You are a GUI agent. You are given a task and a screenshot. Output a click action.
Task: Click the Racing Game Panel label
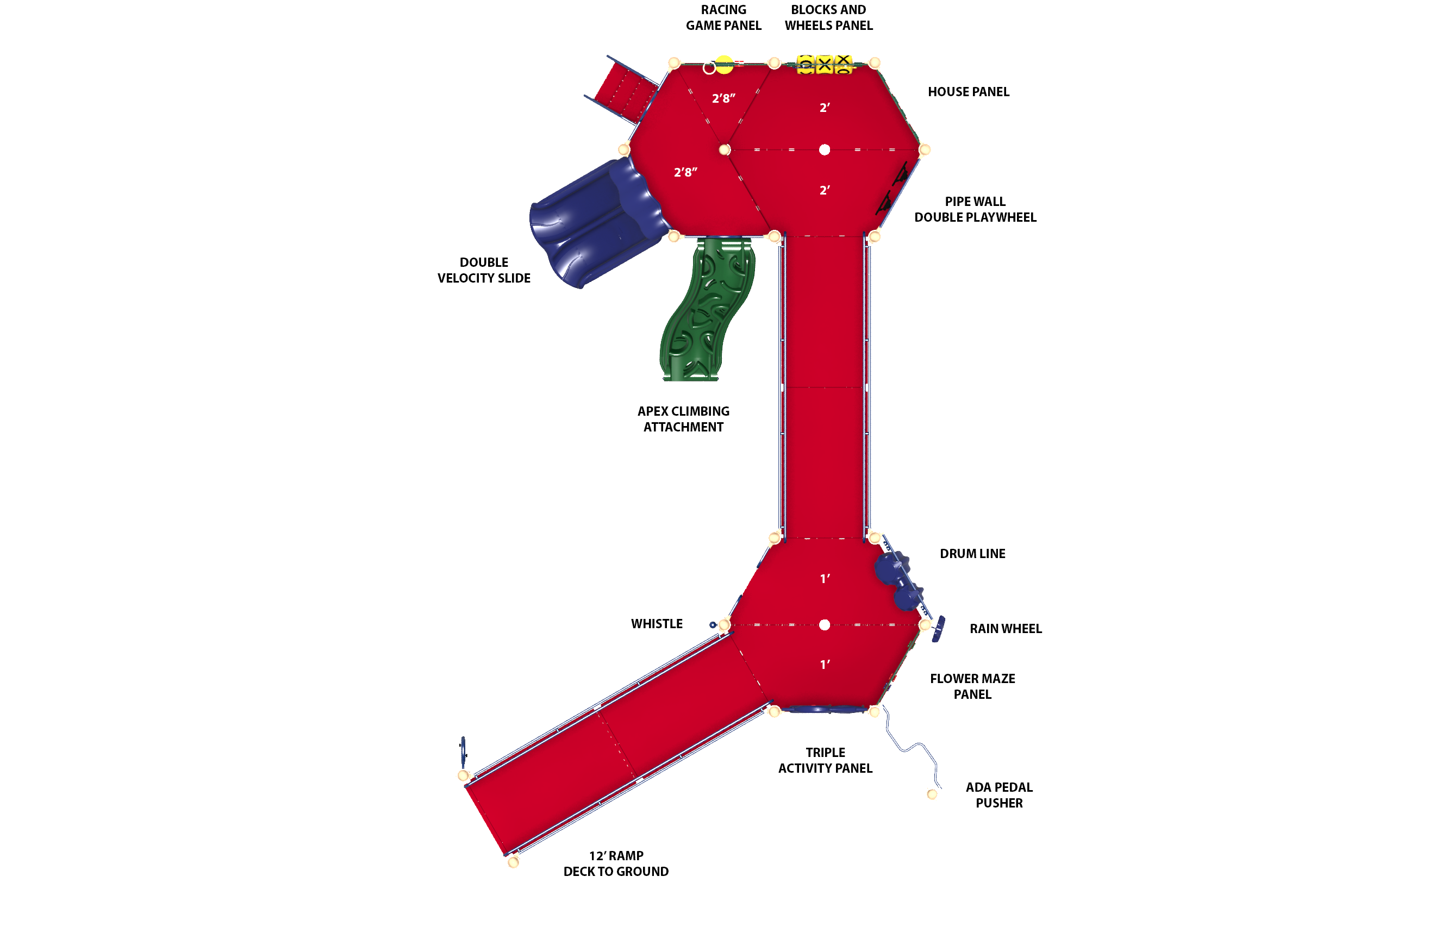(723, 17)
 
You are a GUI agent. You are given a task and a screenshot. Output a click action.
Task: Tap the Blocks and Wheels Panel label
(829, 17)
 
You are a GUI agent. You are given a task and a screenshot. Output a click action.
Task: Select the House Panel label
(969, 92)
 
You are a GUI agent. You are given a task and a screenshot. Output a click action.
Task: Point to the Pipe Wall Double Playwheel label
(975, 209)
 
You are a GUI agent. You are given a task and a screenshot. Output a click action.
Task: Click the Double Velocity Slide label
(484, 270)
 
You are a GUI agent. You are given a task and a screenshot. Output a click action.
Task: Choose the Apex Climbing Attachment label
(683, 419)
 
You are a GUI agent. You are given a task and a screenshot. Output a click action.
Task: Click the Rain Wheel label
(1006, 629)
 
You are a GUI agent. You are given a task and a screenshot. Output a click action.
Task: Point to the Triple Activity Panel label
(825, 760)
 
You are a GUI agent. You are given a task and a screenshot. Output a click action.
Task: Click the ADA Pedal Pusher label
(999, 795)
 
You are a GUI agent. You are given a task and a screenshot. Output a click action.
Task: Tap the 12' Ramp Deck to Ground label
(616, 863)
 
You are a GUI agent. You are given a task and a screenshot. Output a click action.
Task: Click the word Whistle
(657, 624)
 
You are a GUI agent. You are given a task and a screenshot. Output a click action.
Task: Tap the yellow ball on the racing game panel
(724, 65)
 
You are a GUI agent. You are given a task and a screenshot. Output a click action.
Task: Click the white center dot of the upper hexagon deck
(825, 149)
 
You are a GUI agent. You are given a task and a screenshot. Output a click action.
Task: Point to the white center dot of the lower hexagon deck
(825, 624)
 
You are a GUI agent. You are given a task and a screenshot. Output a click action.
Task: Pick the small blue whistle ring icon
(713, 624)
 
